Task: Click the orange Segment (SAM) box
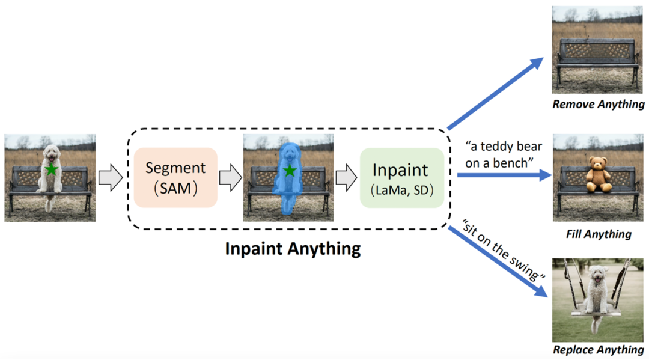click(175, 177)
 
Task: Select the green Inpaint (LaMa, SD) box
click(401, 177)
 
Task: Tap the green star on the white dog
click(52, 169)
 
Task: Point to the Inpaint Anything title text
click(293, 248)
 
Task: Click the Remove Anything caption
click(599, 105)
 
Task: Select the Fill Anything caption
click(599, 234)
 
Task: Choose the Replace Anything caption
click(599, 350)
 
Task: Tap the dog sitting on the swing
click(597, 294)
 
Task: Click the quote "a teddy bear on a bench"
click(504, 154)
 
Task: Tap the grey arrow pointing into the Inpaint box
click(345, 177)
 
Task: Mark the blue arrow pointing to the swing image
click(499, 262)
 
